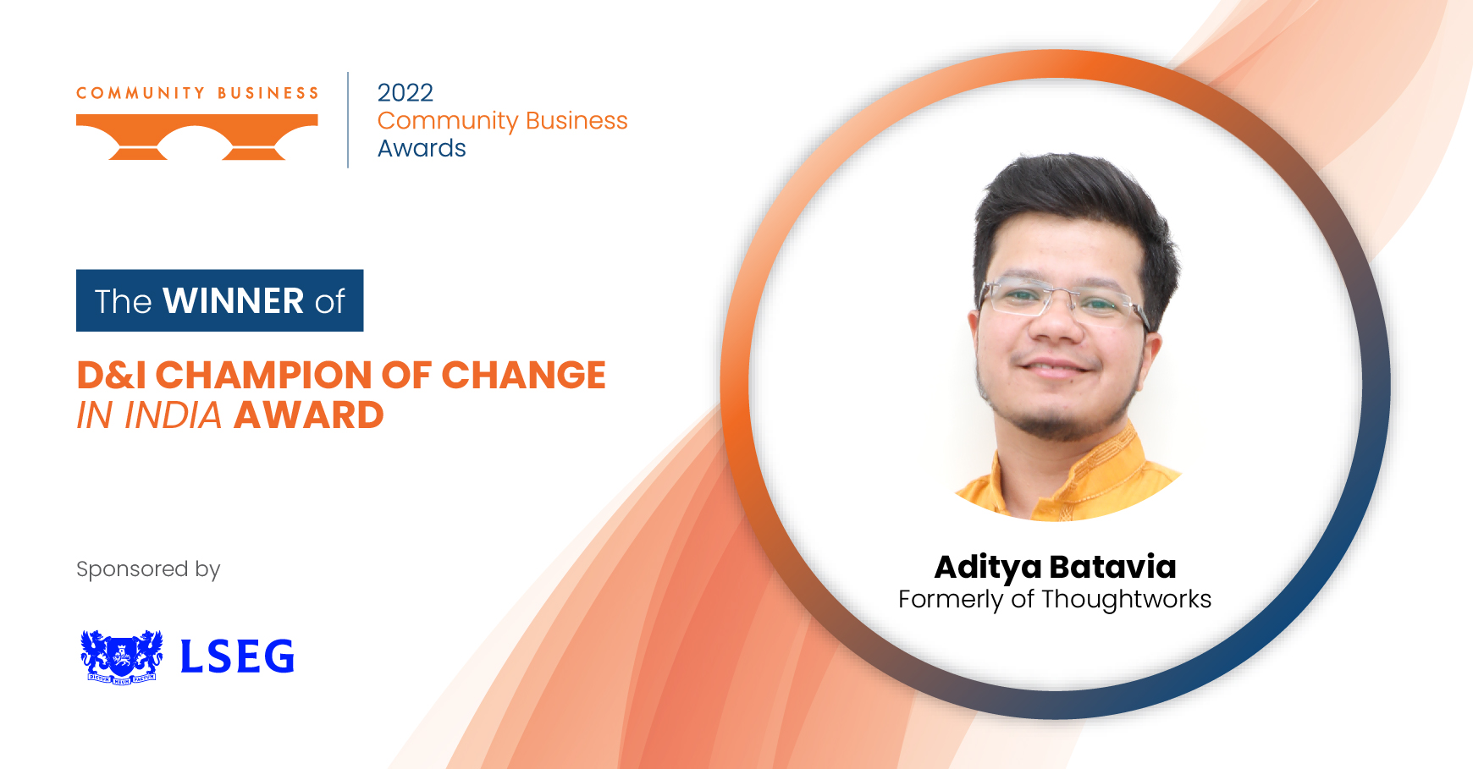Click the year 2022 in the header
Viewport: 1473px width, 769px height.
click(405, 92)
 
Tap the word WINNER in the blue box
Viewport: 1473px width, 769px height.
click(234, 301)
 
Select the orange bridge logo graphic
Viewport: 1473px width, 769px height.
click(197, 137)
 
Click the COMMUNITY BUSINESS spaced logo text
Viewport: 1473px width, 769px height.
click(197, 93)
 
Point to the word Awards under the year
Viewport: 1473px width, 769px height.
click(422, 148)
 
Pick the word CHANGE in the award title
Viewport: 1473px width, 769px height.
click(523, 375)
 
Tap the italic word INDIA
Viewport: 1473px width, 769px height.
click(173, 415)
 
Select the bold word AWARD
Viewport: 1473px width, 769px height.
click(309, 415)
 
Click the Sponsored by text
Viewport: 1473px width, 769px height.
click(148, 569)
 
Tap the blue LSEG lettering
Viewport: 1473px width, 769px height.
click(237, 656)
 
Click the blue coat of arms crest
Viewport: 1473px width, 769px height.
click(122, 656)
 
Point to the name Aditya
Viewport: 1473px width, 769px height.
click(988, 568)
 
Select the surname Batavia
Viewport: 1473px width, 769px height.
click(1112, 567)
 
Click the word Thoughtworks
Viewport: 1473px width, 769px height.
click(1127, 599)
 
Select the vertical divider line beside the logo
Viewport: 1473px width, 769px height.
click(348, 120)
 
